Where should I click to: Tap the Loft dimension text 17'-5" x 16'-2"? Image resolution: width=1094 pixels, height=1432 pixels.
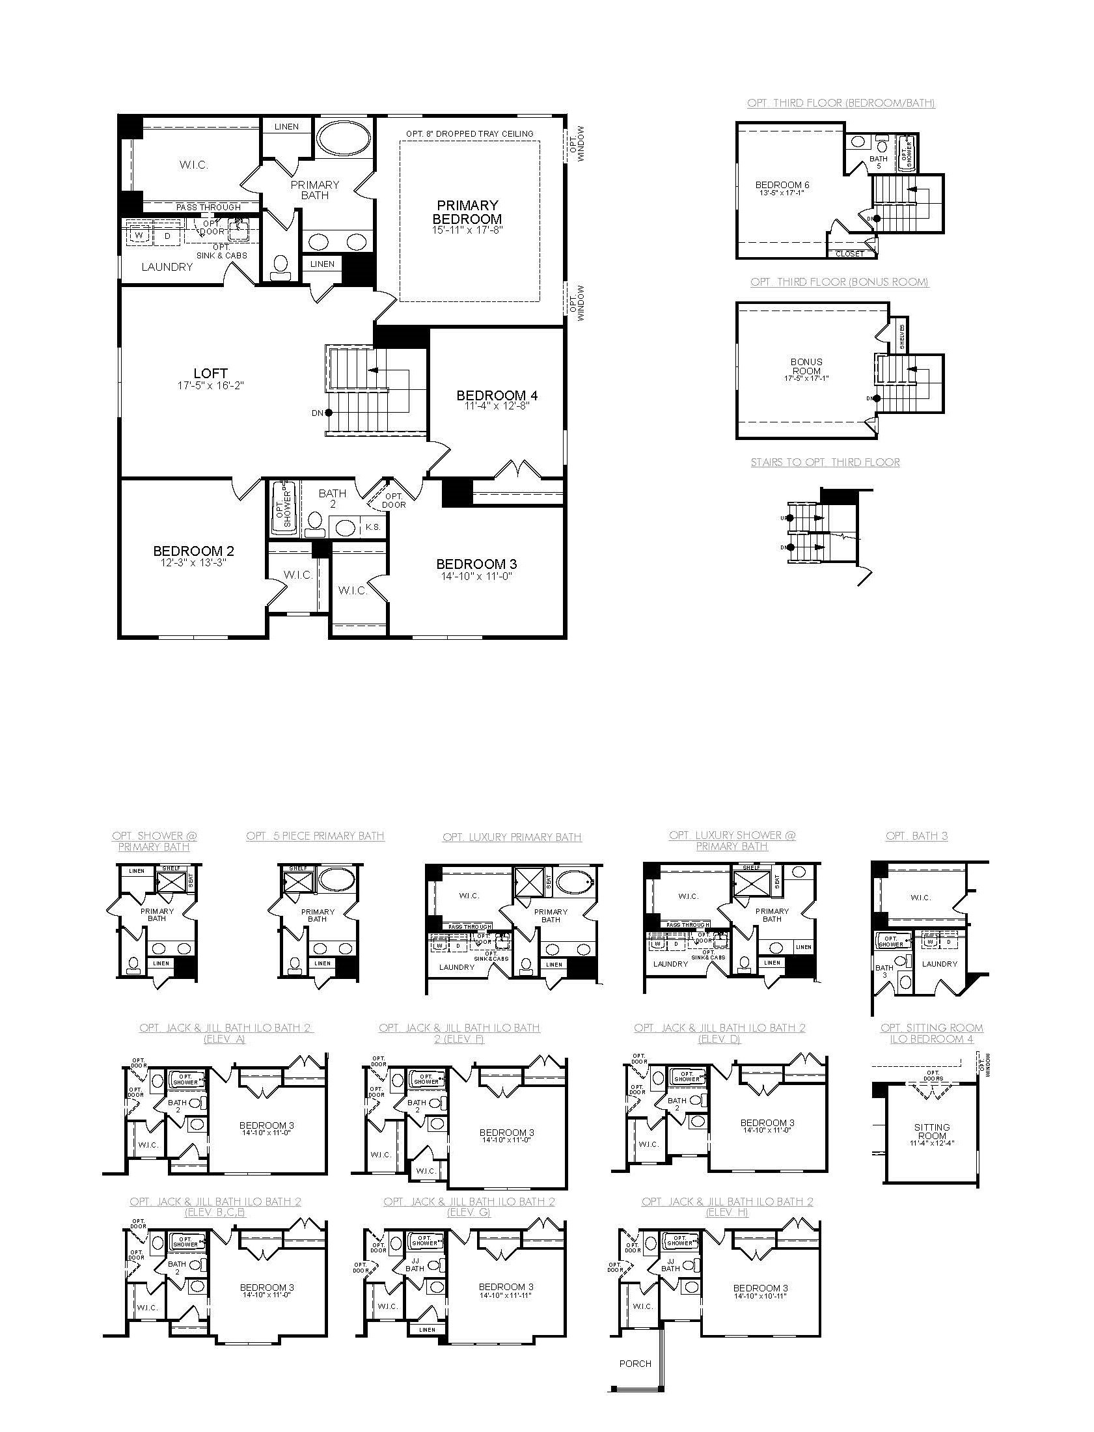click(210, 385)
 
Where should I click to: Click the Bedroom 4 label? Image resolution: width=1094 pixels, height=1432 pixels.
click(496, 395)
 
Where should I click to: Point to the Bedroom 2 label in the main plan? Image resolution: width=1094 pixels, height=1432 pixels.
click(193, 551)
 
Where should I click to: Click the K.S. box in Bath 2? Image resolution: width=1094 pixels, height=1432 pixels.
click(373, 527)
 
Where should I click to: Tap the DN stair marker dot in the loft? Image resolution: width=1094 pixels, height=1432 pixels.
click(329, 412)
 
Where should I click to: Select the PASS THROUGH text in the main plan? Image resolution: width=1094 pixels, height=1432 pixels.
click(208, 207)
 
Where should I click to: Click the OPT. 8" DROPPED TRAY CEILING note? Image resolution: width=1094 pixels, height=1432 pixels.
click(469, 133)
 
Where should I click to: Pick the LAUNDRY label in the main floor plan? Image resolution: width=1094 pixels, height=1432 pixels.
click(167, 267)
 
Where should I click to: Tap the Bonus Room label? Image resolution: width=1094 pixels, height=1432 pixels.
click(806, 366)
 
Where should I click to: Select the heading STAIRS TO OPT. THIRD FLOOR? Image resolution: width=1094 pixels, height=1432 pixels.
click(825, 462)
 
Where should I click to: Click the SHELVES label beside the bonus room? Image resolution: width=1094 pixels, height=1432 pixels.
click(902, 337)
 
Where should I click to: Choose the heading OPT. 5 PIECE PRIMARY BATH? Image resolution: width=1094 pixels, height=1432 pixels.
click(315, 836)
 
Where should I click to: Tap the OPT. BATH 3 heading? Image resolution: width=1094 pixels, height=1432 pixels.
click(916, 836)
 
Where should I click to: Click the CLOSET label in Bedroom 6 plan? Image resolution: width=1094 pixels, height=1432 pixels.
click(849, 253)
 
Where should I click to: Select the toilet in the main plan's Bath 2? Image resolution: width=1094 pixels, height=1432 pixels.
click(315, 521)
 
